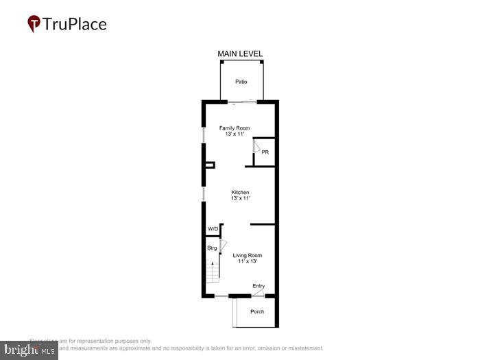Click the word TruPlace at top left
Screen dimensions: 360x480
tap(75, 25)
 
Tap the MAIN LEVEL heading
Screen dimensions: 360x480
tap(240, 53)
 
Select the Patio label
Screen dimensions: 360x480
tap(241, 82)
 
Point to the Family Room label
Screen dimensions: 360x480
tap(235, 128)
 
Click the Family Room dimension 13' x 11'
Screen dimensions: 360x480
tap(235, 134)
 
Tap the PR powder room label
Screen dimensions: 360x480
tap(265, 152)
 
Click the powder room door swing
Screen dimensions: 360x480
tap(256, 146)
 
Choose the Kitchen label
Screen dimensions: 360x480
tap(240, 192)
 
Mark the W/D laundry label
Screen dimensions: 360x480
tap(213, 229)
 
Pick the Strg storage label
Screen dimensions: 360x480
tap(212, 248)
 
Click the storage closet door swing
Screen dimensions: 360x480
tap(222, 244)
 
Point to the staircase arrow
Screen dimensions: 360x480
tap(212, 263)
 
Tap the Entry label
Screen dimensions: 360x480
tap(259, 286)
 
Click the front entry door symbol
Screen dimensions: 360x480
tap(258, 293)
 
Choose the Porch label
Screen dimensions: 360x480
tap(256, 312)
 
